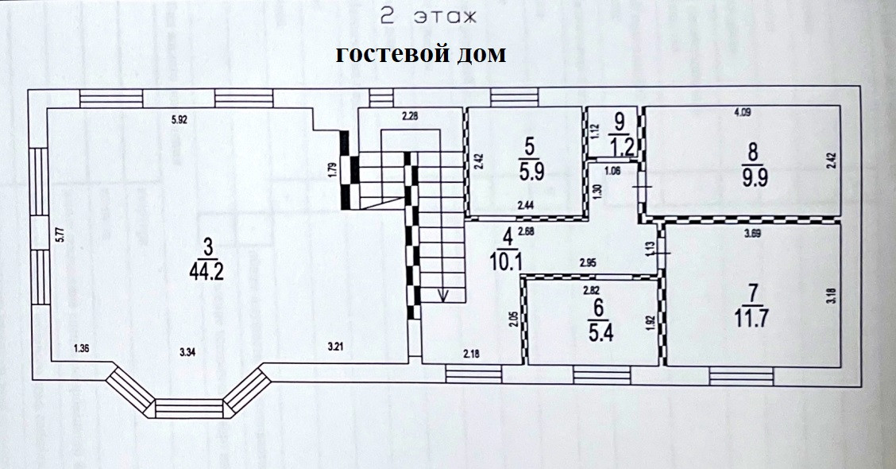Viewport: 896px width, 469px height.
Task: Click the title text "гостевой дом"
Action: click(x=420, y=55)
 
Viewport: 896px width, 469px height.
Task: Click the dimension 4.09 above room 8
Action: click(x=742, y=113)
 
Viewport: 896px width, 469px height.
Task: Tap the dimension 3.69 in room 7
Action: click(x=755, y=234)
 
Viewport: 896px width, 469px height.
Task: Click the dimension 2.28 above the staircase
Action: click(x=410, y=118)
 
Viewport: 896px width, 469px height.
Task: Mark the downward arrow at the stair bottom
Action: click(x=442, y=295)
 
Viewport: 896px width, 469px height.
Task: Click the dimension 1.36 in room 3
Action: click(x=81, y=347)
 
